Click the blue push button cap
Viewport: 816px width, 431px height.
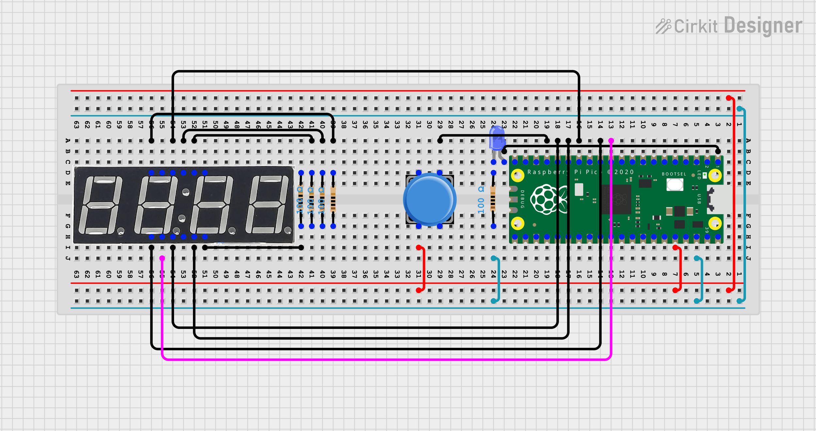tap(429, 199)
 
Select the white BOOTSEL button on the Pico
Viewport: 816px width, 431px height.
tap(675, 185)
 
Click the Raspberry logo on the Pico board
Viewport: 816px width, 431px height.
tap(544, 199)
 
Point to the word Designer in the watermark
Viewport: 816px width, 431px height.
tap(763, 26)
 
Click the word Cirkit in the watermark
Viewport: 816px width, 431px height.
tap(696, 26)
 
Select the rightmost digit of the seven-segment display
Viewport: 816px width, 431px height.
tap(268, 205)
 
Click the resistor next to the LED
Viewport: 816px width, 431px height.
tap(493, 199)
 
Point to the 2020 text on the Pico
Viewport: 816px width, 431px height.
tap(624, 172)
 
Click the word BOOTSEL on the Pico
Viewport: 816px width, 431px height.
tap(674, 174)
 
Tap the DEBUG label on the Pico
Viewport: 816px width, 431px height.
tap(522, 199)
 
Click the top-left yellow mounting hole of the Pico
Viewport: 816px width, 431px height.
tap(518, 176)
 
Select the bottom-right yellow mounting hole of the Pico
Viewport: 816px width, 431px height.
tap(715, 224)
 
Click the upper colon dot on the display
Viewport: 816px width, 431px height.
tap(186, 192)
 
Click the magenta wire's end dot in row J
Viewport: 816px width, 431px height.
tap(162, 258)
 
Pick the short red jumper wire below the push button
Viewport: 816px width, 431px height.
tap(423, 269)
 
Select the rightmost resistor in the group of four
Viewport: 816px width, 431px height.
tap(333, 199)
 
